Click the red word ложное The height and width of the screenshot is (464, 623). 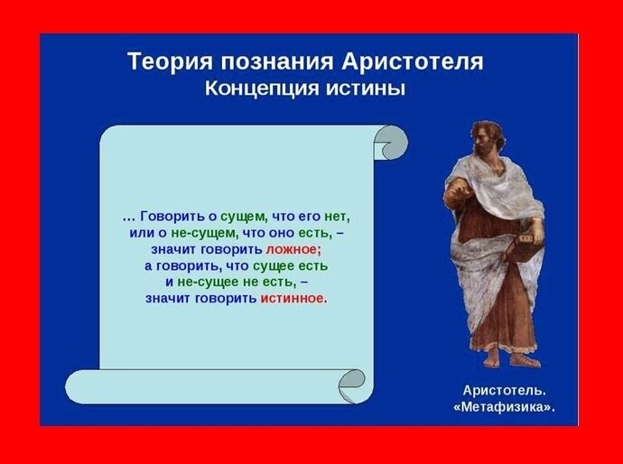click(293, 249)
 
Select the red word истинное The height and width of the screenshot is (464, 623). click(293, 298)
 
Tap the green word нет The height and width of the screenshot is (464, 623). click(336, 217)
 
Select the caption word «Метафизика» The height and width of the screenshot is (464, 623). click(504, 407)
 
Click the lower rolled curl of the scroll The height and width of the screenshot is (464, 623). click(355, 385)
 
